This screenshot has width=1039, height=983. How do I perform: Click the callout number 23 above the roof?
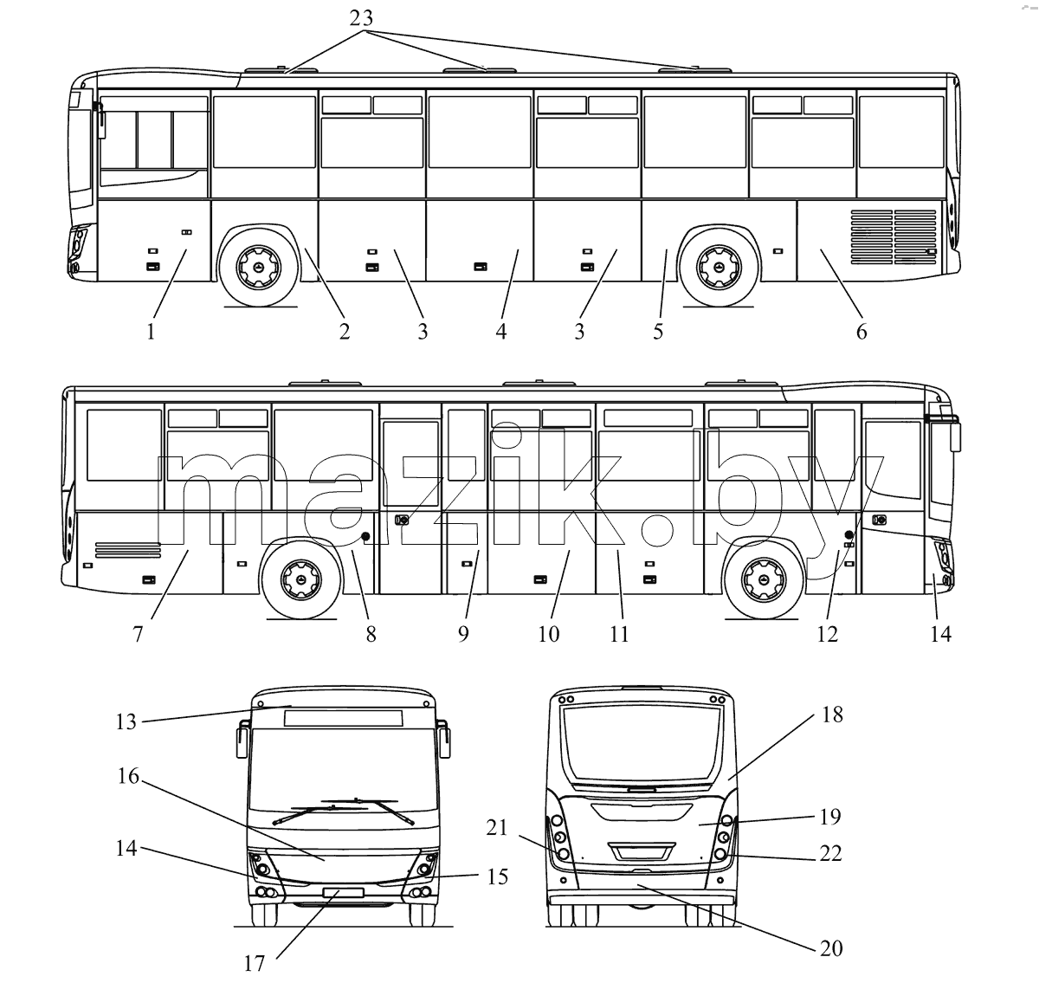pyautogui.click(x=361, y=18)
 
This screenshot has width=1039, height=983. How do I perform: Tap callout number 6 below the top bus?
pyautogui.click(x=862, y=332)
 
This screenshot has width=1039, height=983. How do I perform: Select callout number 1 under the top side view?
pyautogui.click(x=151, y=332)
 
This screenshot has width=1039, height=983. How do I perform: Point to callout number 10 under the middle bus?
pyautogui.click(x=549, y=634)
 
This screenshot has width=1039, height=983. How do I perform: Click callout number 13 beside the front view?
pyautogui.click(x=126, y=721)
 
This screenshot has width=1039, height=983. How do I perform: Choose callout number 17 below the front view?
pyautogui.click(x=255, y=963)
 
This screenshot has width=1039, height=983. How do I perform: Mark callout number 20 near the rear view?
pyautogui.click(x=831, y=948)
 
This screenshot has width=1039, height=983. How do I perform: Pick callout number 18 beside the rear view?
pyautogui.click(x=832, y=715)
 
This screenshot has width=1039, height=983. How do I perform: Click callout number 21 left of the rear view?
pyautogui.click(x=497, y=828)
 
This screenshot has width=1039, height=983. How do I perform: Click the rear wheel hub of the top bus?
pyautogui.click(x=719, y=268)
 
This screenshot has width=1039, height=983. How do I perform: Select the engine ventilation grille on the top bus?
pyautogui.click(x=894, y=236)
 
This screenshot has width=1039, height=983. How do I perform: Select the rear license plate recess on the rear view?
pyautogui.click(x=641, y=852)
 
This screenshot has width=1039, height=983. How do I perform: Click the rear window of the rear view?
pyautogui.click(x=641, y=744)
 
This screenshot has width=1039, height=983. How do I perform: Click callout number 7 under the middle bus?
pyautogui.click(x=138, y=634)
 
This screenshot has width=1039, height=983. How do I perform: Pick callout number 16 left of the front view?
pyautogui.click(x=128, y=776)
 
